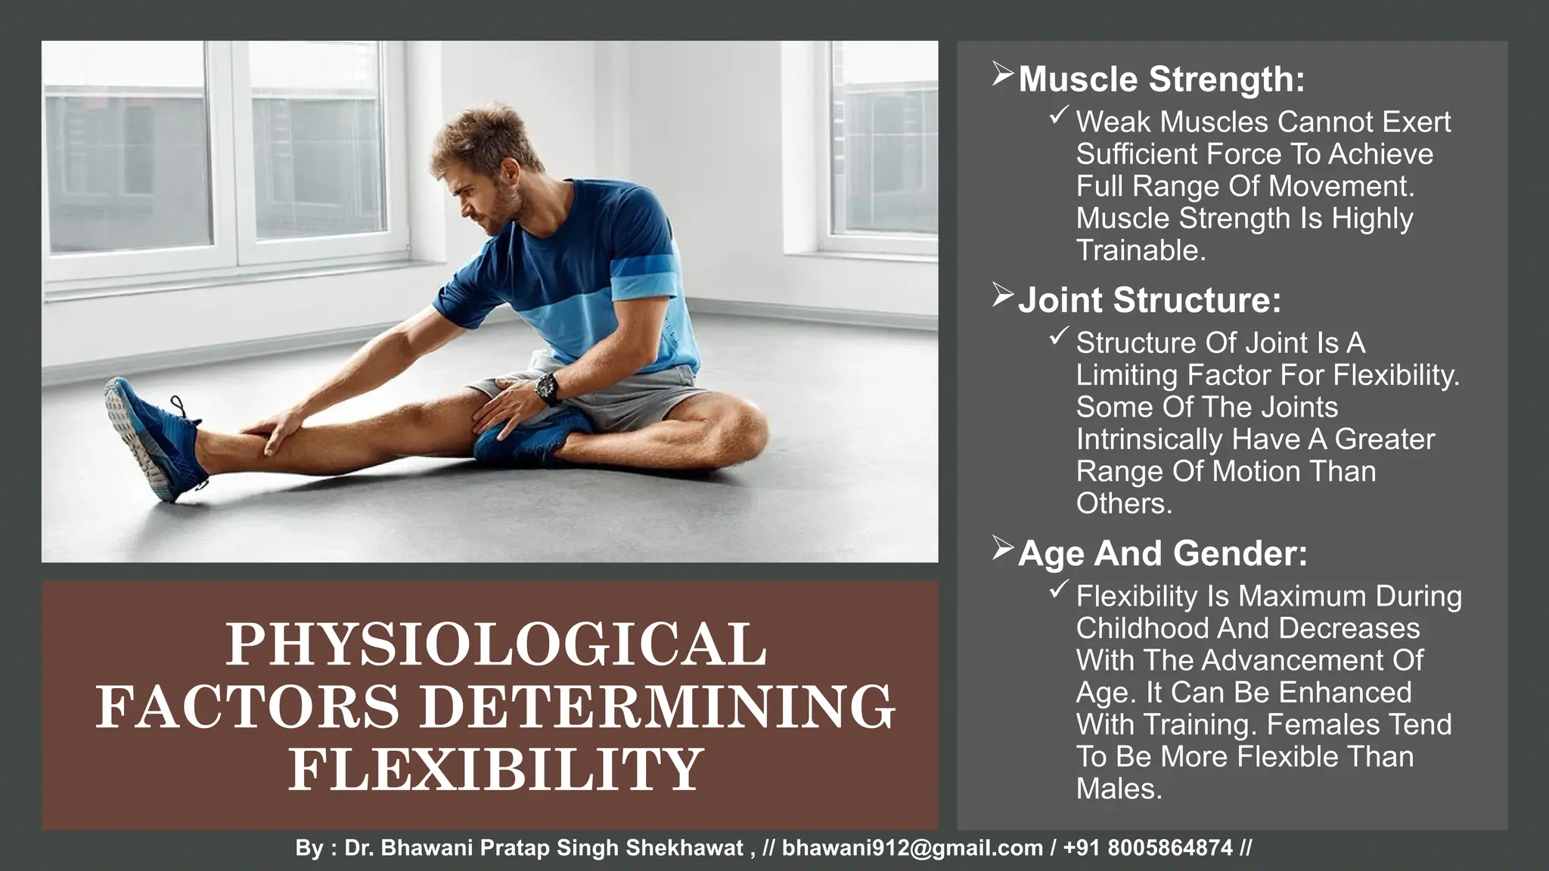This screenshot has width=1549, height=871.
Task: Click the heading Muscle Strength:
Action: [x=1161, y=79]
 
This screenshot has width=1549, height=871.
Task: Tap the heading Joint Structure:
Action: [x=1149, y=300]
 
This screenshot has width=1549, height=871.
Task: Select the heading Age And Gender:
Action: [x=1162, y=553]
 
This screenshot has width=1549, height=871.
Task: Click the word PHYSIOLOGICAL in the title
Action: [x=496, y=644]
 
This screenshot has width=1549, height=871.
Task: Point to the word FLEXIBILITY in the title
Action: [x=496, y=768]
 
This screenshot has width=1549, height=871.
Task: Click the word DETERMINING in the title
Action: [x=657, y=706]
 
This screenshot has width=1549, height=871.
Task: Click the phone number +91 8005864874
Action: [x=1147, y=848]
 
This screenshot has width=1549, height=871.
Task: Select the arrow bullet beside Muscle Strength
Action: [x=1002, y=75]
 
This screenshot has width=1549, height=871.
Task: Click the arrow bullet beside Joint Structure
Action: [x=1002, y=296]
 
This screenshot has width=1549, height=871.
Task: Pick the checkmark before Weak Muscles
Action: [x=1058, y=116]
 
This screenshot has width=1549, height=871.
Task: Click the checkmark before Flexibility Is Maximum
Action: [x=1058, y=590]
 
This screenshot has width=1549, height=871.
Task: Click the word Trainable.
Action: [x=1141, y=250]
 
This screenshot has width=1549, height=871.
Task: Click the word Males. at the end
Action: [x=1119, y=789]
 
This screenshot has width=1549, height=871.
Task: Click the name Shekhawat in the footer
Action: [x=684, y=848]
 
